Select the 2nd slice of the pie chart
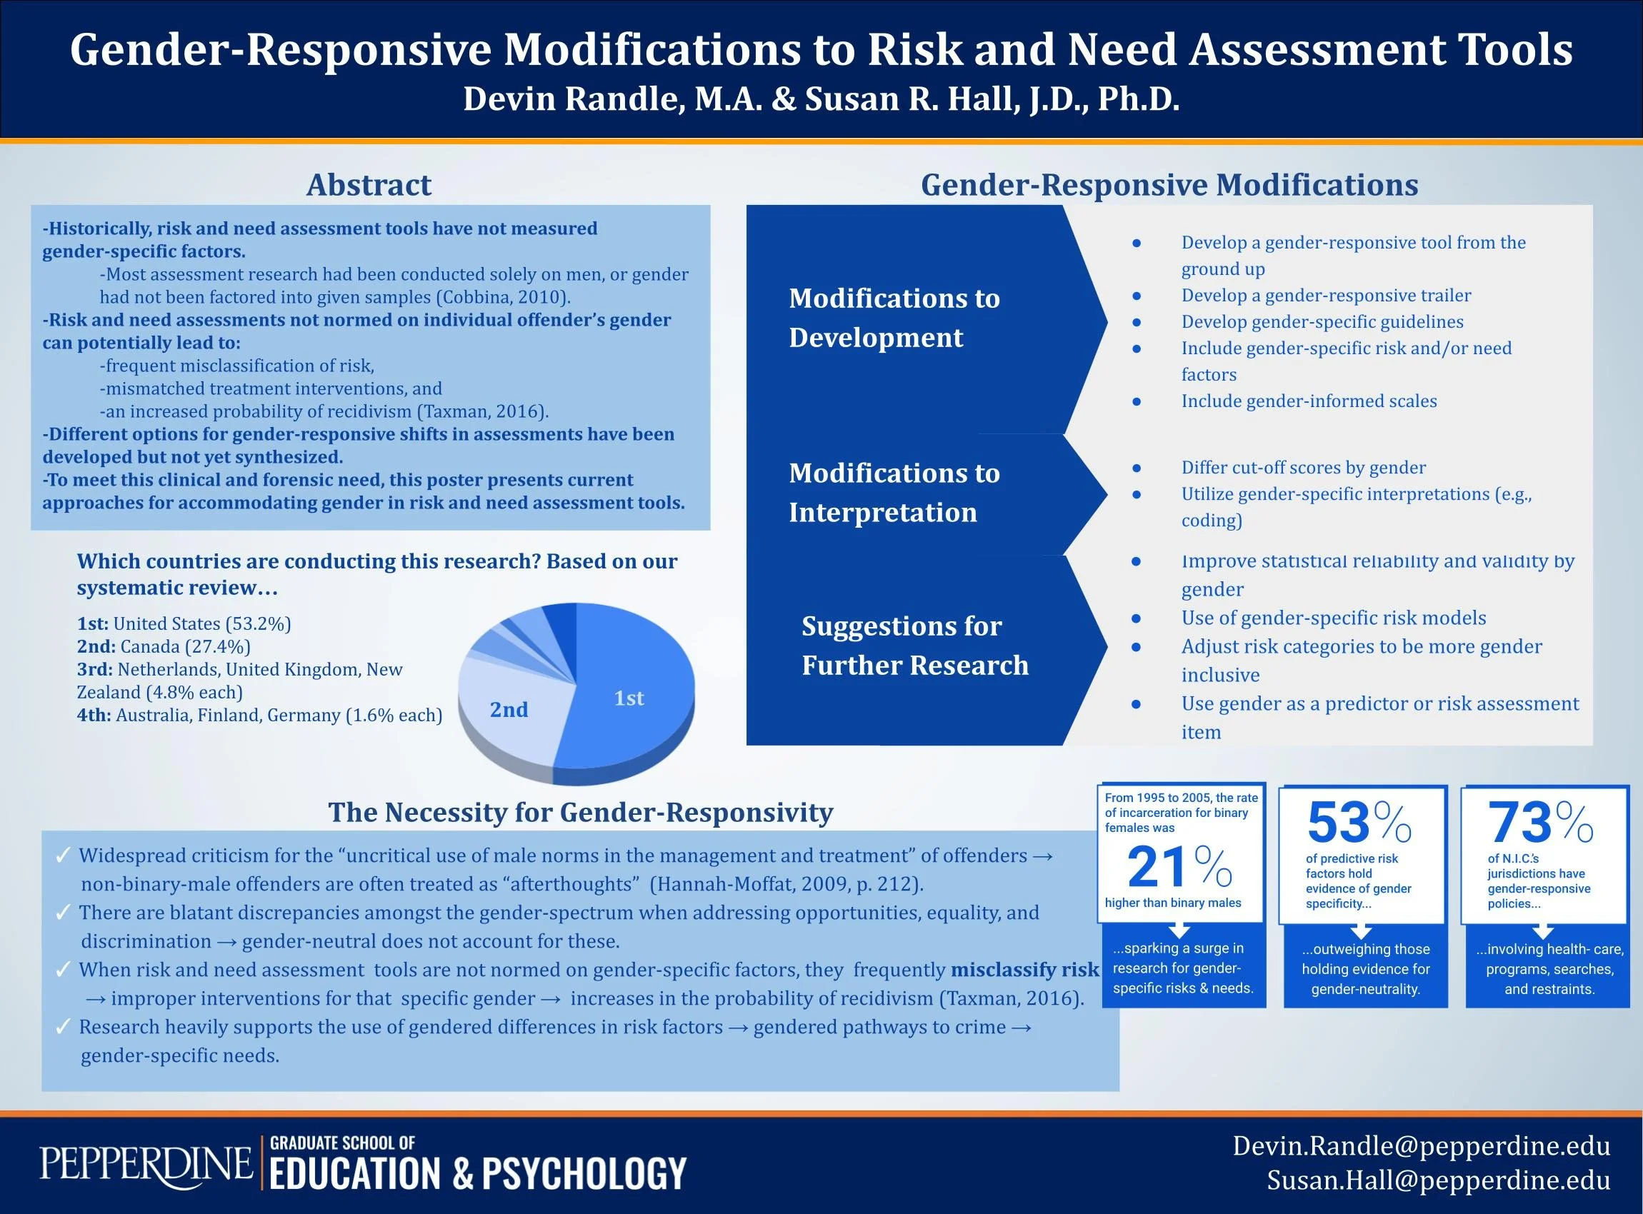pyautogui.click(x=509, y=709)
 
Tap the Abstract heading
pyautogui.click(x=369, y=185)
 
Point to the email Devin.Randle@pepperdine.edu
pyautogui.click(x=1421, y=1145)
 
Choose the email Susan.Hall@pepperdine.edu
pyautogui.click(x=1438, y=1180)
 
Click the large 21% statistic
pyautogui.click(x=1179, y=867)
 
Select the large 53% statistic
pyautogui.click(x=1359, y=823)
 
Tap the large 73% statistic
pyautogui.click(x=1540, y=823)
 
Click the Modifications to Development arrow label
pyautogui.click(x=894, y=318)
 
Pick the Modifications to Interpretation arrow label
pyautogui.click(x=894, y=492)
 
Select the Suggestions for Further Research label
pyautogui.click(x=914, y=646)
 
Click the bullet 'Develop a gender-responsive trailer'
pyautogui.click(x=1325, y=296)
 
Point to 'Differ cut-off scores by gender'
pyautogui.click(x=1303, y=467)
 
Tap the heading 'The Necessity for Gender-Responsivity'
pyautogui.click(x=580, y=812)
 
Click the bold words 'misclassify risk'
pyautogui.click(x=1025, y=970)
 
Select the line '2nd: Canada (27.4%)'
pyautogui.click(x=164, y=646)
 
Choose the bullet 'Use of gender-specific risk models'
pyautogui.click(x=1333, y=618)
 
